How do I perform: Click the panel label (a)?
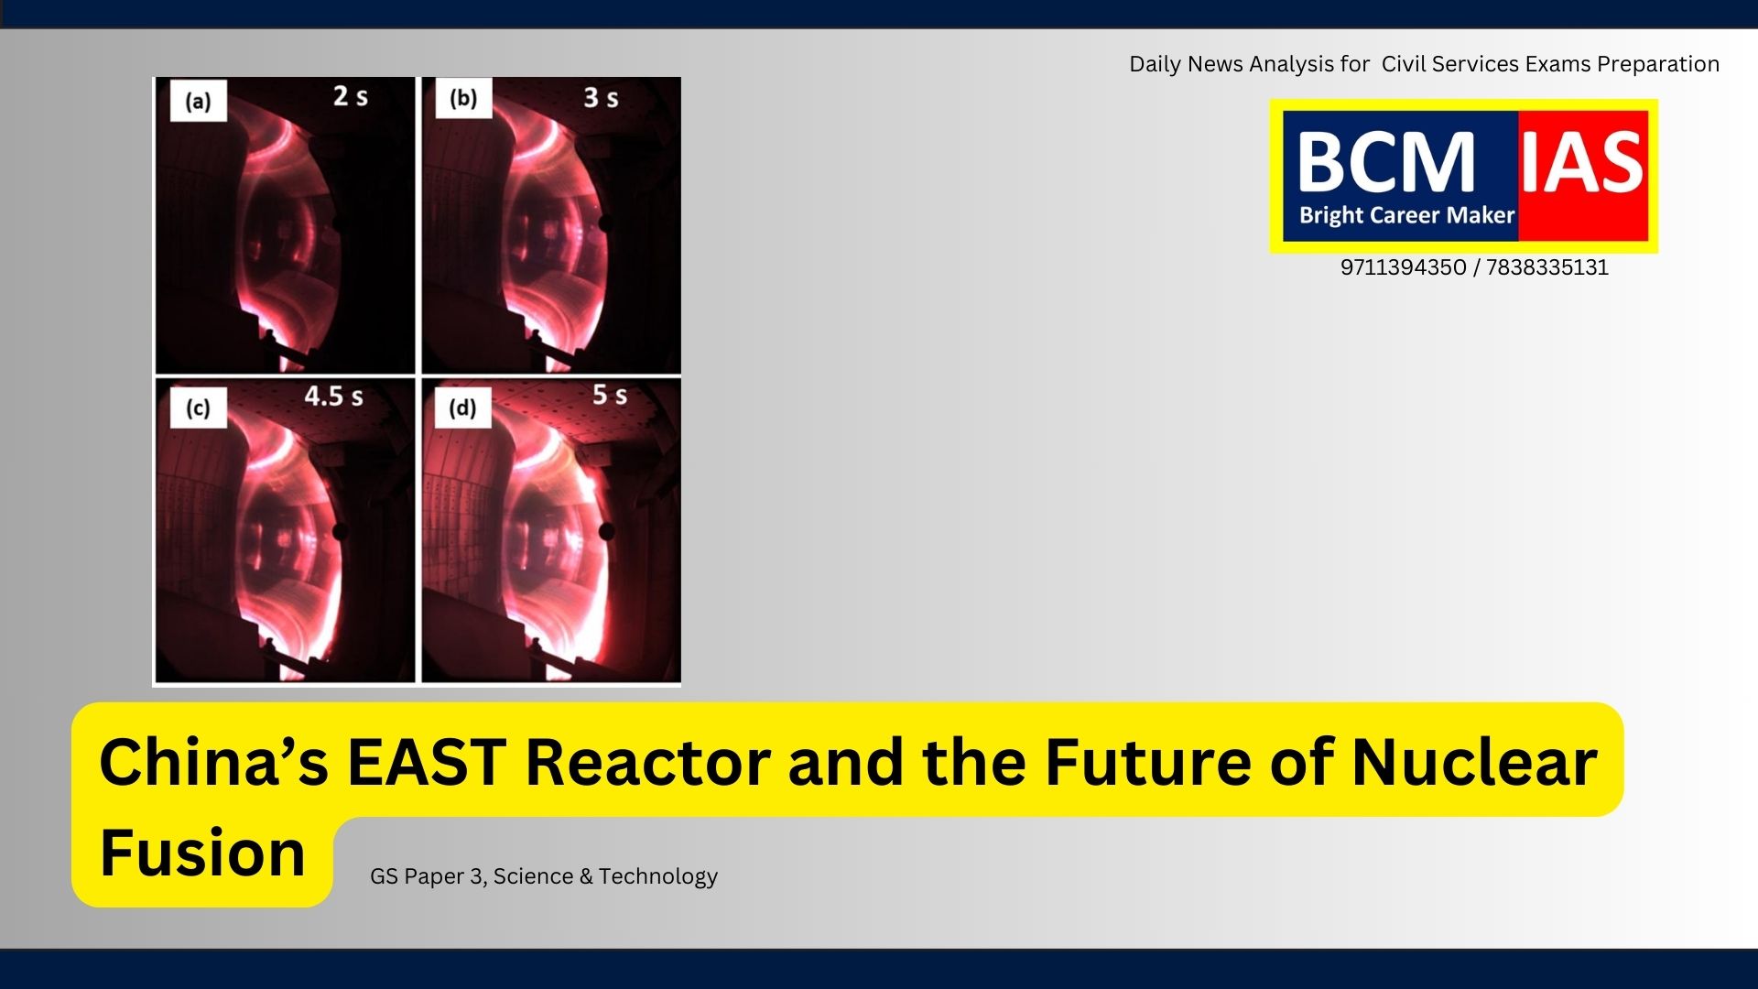[198, 101]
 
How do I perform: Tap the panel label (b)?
[463, 98]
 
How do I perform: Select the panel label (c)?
[198, 408]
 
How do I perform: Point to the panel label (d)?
[462, 408]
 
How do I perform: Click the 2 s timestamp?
[351, 96]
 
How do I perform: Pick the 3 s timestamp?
[602, 97]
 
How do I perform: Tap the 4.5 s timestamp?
[334, 397]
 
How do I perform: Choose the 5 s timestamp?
[610, 395]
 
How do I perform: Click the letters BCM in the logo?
[1386, 162]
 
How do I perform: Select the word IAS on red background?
[1583, 162]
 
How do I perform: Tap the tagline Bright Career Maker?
[1406, 215]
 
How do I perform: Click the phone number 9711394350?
[1403, 267]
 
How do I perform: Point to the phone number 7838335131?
[1546, 267]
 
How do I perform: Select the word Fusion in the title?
[202, 853]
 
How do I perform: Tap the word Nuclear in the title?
[1474, 762]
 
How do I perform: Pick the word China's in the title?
[214, 762]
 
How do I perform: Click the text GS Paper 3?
[427, 876]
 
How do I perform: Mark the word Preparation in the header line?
[1658, 64]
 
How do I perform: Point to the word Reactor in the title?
[647, 762]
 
